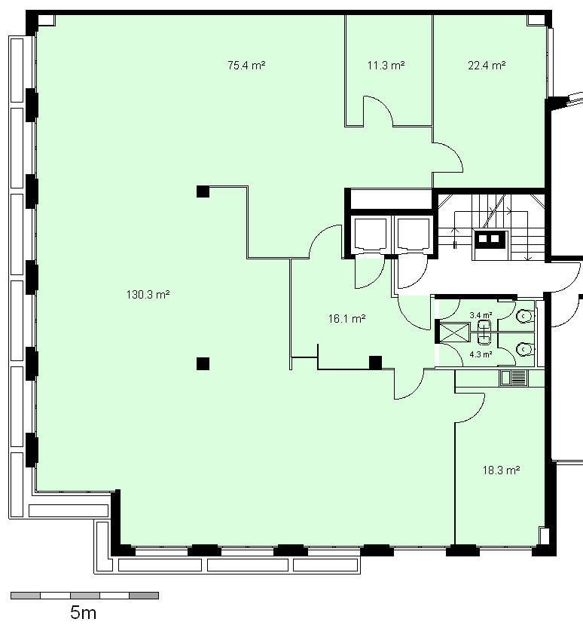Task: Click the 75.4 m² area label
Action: click(246, 65)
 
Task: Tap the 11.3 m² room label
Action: click(386, 65)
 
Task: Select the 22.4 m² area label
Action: click(487, 65)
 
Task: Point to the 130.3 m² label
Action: click(148, 295)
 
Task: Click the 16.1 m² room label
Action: click(346, 318)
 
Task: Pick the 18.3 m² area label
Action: click(502, 470)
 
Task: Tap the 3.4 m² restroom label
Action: click(481, 315)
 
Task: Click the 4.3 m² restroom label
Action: click(481, 354)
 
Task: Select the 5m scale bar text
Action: click(83, 612)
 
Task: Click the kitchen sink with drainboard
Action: click(514, 378)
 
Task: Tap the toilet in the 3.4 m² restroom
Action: click(524, 316)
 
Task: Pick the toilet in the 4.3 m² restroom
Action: click(524, 349)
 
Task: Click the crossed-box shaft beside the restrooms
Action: click(454, 332)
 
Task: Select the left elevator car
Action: click(370, 234)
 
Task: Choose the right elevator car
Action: click(414, 234)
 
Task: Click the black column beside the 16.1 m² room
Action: click(375, 363)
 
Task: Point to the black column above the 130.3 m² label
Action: click(203, 191)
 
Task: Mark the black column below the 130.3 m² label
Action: click(203, 363)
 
